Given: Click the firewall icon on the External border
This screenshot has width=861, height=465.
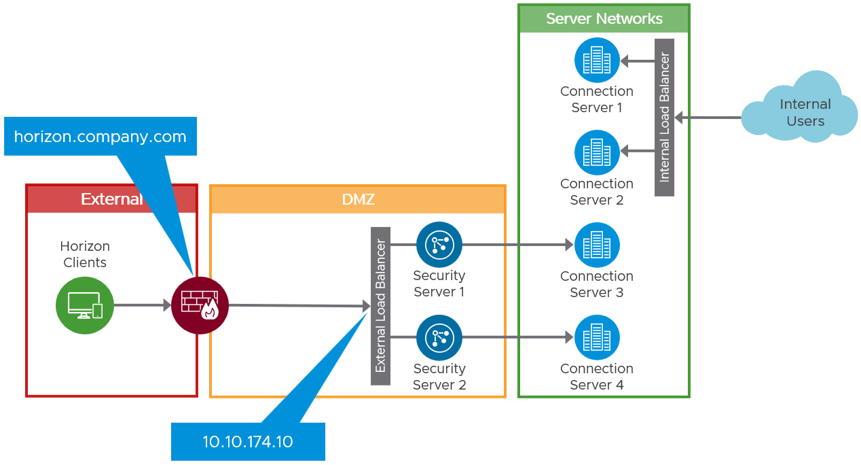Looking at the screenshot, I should (200, 305).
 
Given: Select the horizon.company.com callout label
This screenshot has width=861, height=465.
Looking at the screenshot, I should (100, 137).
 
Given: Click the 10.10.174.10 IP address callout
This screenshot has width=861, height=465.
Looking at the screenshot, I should (248, 442).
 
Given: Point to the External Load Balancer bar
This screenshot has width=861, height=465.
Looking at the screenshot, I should (380, 306).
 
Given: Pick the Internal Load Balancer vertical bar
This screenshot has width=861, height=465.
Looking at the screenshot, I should (664, 117).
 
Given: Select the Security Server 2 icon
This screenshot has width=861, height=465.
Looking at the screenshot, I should (439, 337).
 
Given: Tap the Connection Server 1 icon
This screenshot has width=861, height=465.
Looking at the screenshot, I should (597, 60).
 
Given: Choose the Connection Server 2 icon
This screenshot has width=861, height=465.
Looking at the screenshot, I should (597, 152).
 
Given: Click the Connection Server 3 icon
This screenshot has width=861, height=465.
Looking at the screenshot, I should (597, 245).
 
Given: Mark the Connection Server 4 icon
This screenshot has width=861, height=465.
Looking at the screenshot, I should (597, 337).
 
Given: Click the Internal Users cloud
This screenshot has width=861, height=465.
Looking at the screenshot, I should (801, 111).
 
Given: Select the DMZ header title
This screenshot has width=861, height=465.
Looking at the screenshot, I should (358, 199).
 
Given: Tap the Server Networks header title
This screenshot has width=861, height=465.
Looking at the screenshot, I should (604, 19).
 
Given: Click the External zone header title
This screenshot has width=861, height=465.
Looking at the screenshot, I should (111, 199).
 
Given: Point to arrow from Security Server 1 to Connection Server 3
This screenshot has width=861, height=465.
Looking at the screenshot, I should (516, 245).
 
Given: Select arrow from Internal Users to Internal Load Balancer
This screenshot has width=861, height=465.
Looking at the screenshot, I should (710, 118).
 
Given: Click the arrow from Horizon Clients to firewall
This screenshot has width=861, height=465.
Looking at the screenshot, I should (141, 305).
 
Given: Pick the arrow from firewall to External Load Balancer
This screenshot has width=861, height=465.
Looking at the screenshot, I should (299, 306).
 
